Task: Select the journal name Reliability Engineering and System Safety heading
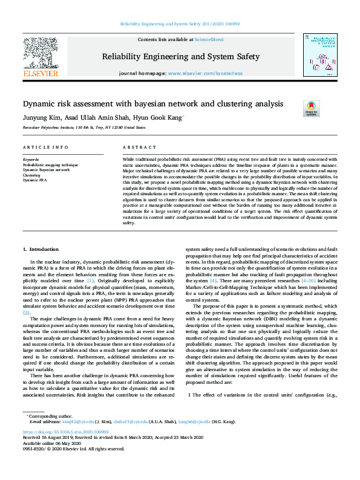tap(181, 57)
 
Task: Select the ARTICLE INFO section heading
tap(45, 148)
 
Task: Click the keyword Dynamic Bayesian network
tap(46, 170)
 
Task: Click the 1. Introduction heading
tap(41, 249)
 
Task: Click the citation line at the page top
tap(180, 25)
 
